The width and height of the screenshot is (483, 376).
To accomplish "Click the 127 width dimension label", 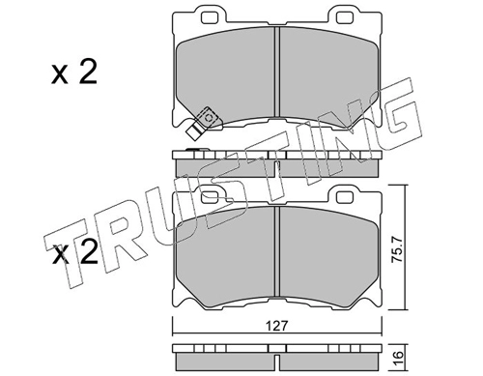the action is pos(277,326).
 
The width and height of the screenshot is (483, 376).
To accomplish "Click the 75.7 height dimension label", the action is pos(397,250).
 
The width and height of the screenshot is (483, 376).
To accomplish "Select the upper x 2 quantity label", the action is pos(74,72).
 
